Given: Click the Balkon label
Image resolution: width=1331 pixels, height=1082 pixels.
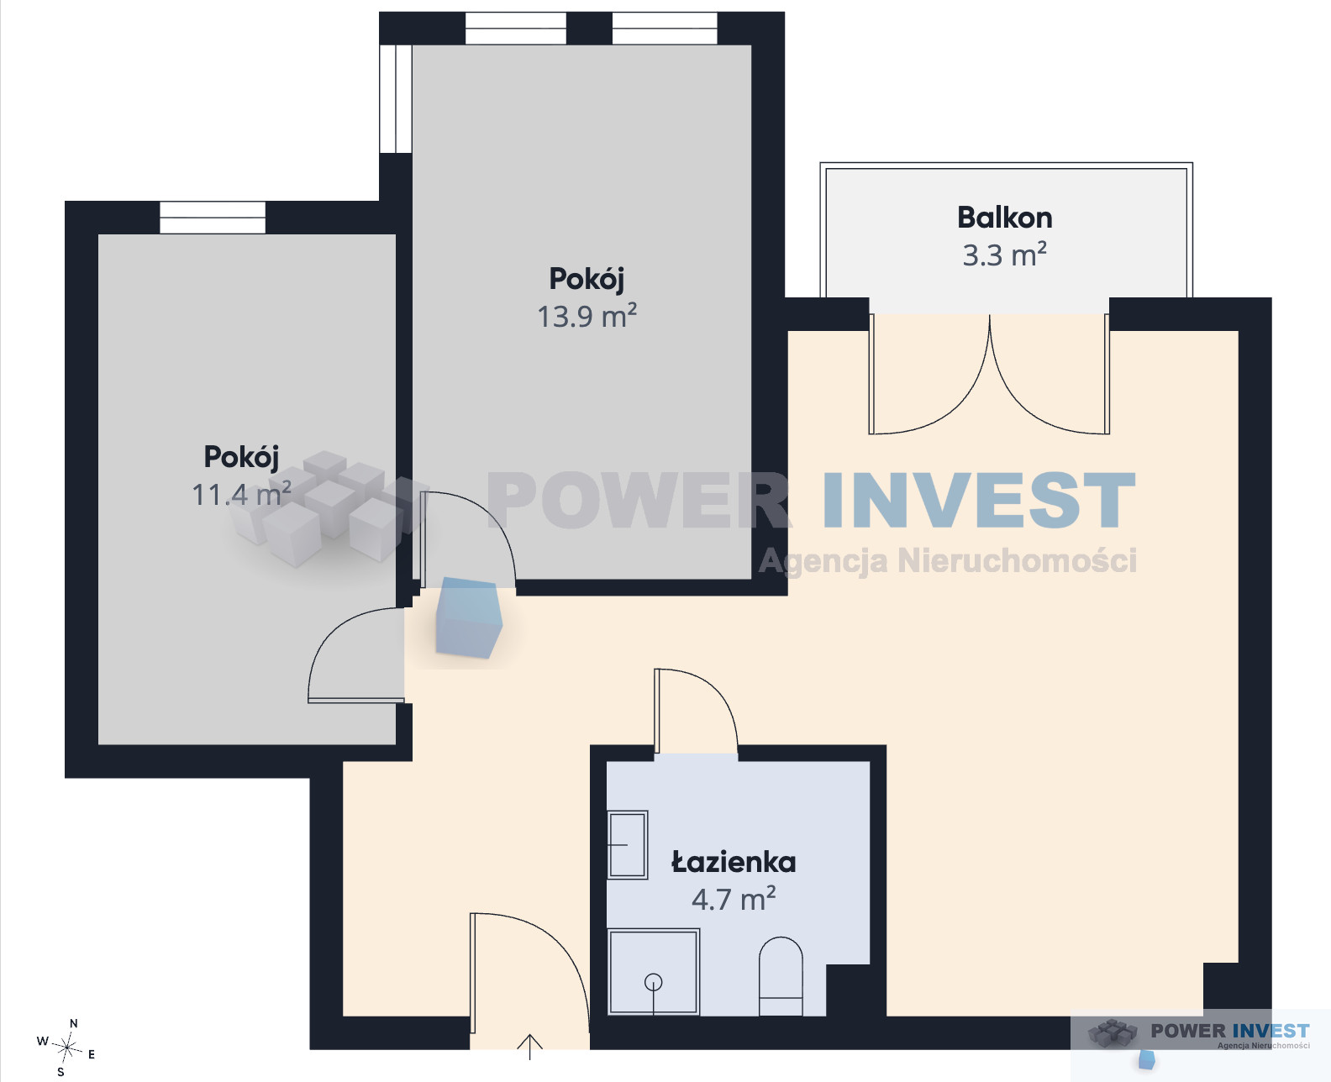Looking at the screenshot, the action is [1005, 218].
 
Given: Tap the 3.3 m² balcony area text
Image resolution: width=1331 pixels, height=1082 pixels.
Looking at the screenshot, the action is [1004, 255].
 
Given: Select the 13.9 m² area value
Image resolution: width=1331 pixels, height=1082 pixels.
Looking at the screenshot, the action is [587, 316].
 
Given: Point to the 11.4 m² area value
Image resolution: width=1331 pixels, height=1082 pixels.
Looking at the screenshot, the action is [241, 494].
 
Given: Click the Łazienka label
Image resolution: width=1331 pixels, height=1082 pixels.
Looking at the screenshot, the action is [734, 862].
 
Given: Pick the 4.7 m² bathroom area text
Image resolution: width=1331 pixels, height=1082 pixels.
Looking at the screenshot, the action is [734, 898].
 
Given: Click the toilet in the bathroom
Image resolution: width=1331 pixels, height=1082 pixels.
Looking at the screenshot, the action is [781, 976].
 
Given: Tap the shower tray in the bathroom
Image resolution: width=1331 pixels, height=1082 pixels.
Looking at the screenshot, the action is [654, 971].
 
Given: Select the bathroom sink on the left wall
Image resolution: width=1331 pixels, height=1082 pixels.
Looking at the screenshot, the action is [628, 844].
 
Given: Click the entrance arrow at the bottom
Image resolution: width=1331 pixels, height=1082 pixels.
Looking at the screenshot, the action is [530, 1047].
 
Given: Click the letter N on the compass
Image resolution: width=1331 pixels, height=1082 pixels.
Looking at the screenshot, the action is [74, 1023].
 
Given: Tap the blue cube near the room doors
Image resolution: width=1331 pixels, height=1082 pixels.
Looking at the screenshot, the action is [469, 617].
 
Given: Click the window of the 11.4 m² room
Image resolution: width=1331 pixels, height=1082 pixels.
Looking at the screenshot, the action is [213, 218].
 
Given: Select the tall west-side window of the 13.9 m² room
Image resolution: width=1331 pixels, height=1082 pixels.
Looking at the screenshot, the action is [396, 98].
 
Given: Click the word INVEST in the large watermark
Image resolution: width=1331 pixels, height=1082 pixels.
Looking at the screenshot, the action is [979, 500].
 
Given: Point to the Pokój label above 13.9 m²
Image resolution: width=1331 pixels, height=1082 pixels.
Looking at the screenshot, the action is [587, 279].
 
